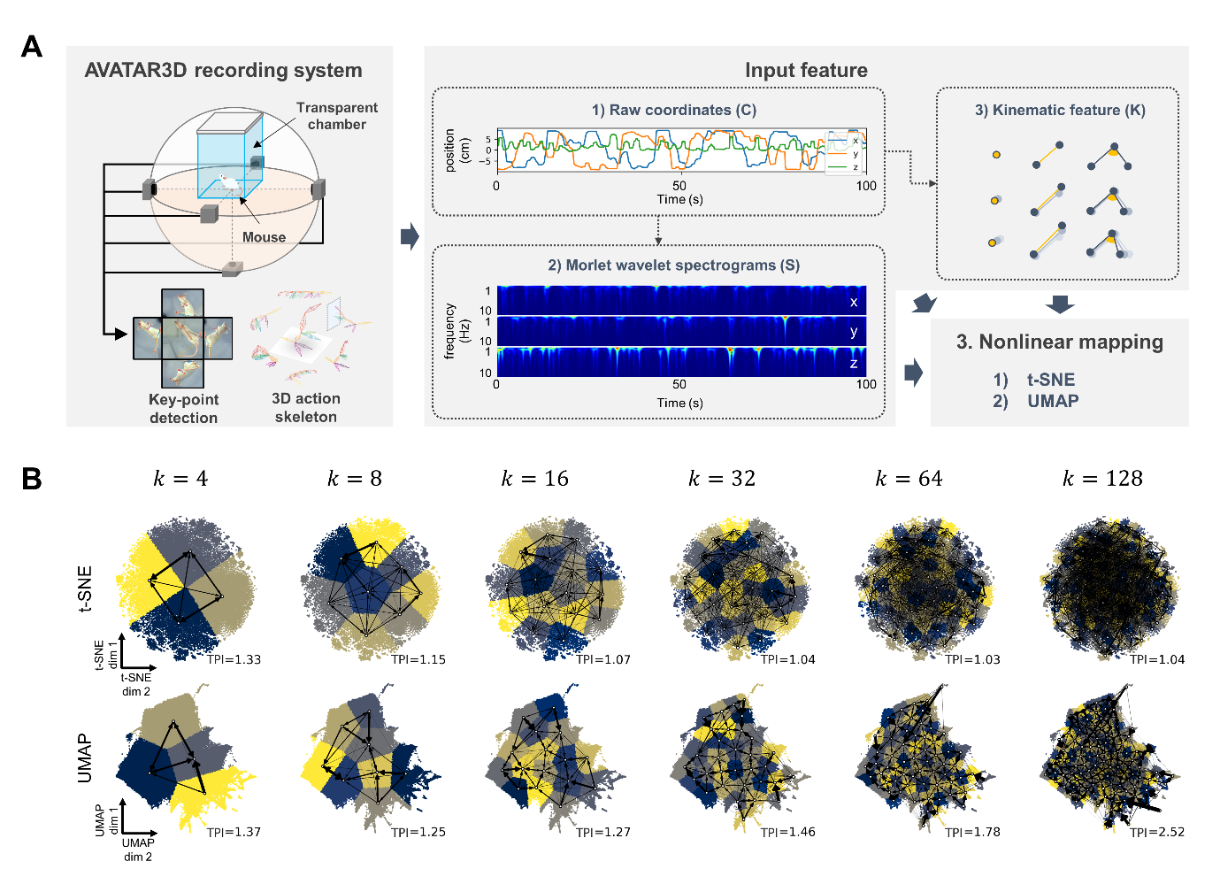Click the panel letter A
(x=32, y=46)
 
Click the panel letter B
(x=32, y=479)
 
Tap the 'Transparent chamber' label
(x=336, y=116)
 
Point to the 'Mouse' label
(x=264, y=237)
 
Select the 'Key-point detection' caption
(x=183, y=409)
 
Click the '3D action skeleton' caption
(x=305, y=408)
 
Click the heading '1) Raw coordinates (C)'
(x=673, y=110)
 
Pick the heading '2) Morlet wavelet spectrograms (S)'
(x=673, y=265)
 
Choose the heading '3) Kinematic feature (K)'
(x=1059, y=110)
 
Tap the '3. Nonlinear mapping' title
(x=1059, y=342)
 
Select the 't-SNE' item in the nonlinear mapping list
(x=1050, y=380)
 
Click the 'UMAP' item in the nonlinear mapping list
(x=1052, y=401)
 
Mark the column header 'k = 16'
(x=534, y=479)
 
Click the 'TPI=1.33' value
(x=234, y=659)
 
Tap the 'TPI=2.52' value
(x=1156, y=832)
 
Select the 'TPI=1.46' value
(x=787, y=832)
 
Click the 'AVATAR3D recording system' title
(x=223, y=71)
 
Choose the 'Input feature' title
(x=805, y=71)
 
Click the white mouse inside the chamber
(x=227, y=184)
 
